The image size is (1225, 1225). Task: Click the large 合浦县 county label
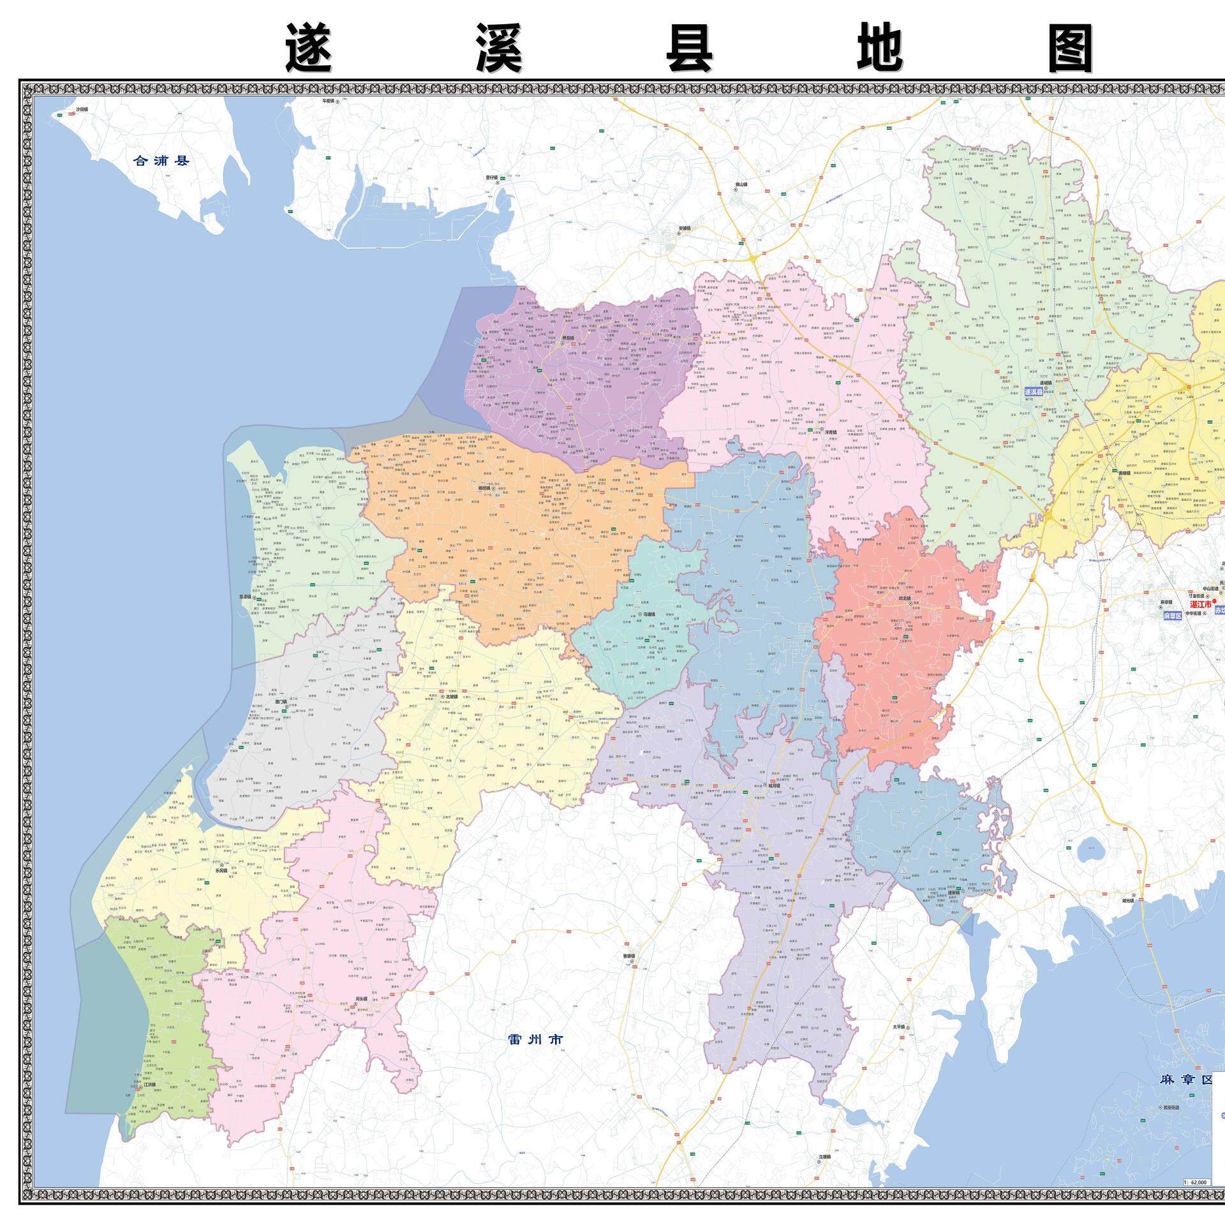[x=161, y=161]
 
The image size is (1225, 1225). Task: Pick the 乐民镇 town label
[x=221, y=870]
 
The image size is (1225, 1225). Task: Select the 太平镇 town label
[x=898, y=1045]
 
